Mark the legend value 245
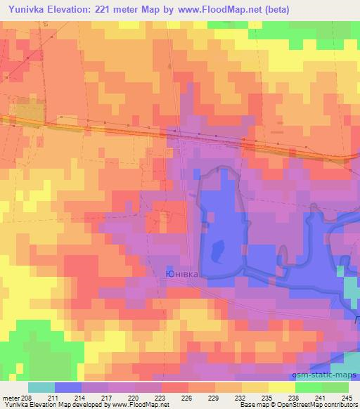point(346,398)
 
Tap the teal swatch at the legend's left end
point(41,387)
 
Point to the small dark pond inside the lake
point(217,247)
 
